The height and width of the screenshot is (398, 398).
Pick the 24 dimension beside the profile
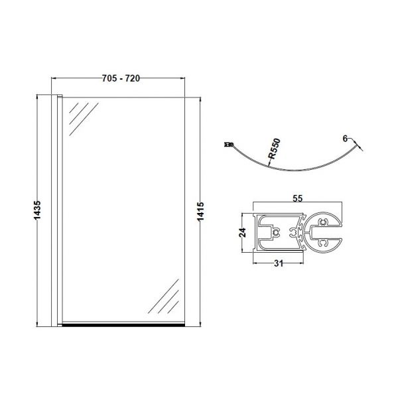point(243,232)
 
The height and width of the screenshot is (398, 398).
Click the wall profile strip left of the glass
point(58,211)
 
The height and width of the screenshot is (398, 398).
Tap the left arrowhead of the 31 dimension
point(257,258)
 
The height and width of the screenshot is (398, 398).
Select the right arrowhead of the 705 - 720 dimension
point(182,78)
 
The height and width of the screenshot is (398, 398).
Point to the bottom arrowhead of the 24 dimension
point(249,250)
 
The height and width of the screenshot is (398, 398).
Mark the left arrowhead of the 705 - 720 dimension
point(56,78)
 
